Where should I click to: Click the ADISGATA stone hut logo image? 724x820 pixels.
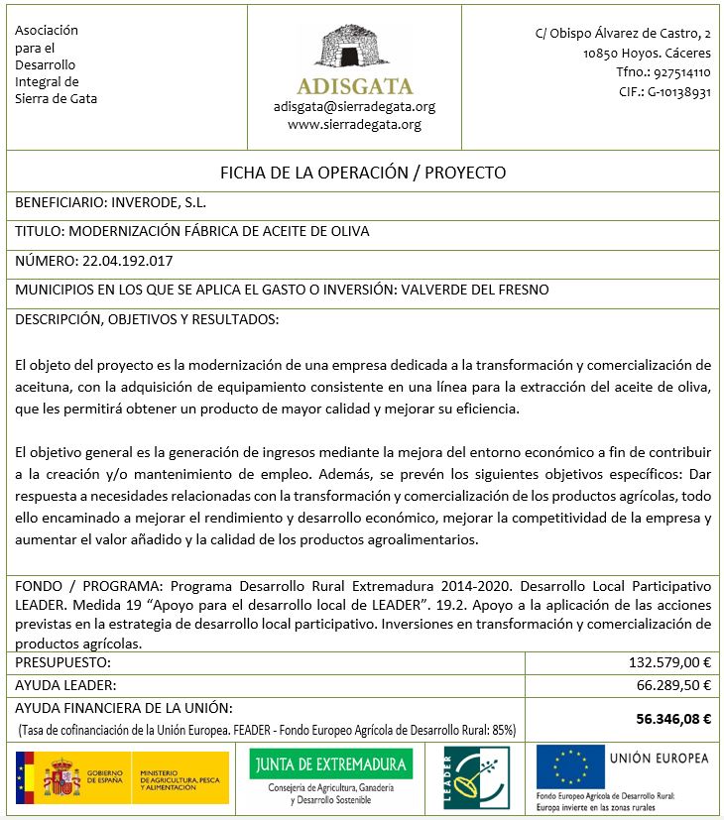pyautogui.click(x=355, y=50)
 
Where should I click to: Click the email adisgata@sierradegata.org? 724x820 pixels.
pyautogui.click(x=354, y=106)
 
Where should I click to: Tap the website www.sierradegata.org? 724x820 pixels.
pyautogui.click(x=354, y=124)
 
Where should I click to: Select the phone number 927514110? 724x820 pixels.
pyautogui.click(x=678, y=72)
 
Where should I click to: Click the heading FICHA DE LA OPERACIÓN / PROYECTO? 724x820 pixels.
pyautogui.click(x=362, y=173)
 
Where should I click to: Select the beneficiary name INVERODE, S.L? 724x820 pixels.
pyautogui.click(x=160, y=202)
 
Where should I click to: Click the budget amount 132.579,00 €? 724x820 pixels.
pyautogui.click(x=670, y=662)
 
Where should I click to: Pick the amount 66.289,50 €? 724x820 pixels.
pyautogui.click(x=674, y=684)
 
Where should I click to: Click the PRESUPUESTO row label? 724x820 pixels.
pyautogui.click(x=62, y=662)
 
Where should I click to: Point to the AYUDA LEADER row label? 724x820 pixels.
pyautogui.click(x=66, y=684)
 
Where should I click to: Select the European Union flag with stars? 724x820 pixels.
pyautogui.click(x=568, y=766)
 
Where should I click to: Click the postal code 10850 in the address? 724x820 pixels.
pyautogui.click(x=602, y=54)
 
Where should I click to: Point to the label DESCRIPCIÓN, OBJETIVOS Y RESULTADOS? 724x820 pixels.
pyautogui.click(x=147, y=319)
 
